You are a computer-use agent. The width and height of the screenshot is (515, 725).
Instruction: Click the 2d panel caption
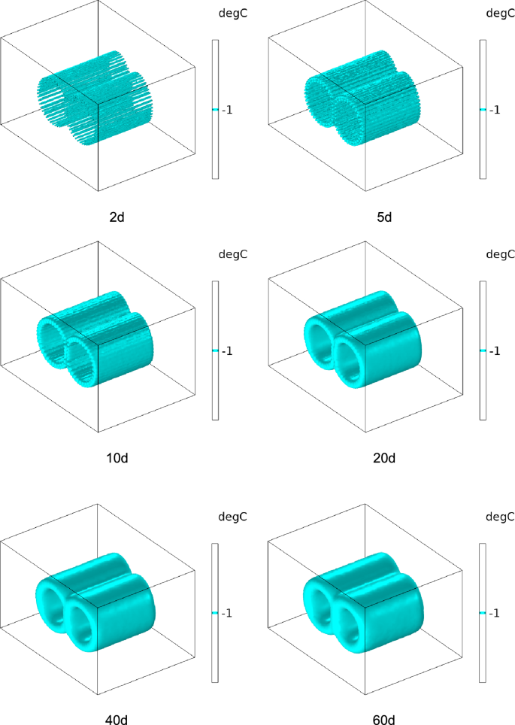(117, 217)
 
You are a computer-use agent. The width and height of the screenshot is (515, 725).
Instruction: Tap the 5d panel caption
(384, 217)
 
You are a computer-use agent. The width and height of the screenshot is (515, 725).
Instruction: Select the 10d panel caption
(117, 458)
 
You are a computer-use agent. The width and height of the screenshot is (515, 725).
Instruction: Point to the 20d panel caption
(384, 458)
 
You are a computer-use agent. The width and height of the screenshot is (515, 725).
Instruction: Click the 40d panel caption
(117, 720)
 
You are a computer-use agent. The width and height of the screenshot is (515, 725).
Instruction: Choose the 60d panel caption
(384, 720)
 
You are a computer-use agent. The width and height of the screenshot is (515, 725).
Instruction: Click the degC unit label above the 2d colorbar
(233, 14)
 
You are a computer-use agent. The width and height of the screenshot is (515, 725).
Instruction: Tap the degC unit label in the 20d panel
(500, 254)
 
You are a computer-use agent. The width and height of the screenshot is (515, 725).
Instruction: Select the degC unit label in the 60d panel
(500, 517)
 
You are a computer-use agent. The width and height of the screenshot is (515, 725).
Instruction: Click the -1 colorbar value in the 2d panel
(227, 110)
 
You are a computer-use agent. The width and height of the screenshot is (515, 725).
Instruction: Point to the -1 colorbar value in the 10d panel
(227, 351)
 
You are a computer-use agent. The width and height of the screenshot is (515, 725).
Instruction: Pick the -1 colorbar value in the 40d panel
(227, 613)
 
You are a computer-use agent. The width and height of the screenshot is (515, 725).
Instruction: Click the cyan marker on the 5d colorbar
(483, 110)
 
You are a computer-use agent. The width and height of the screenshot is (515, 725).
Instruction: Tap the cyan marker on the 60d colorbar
(483, 613)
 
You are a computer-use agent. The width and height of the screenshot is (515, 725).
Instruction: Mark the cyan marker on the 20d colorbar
(483, 350)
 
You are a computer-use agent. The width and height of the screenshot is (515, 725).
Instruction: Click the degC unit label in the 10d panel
(233, 254)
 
